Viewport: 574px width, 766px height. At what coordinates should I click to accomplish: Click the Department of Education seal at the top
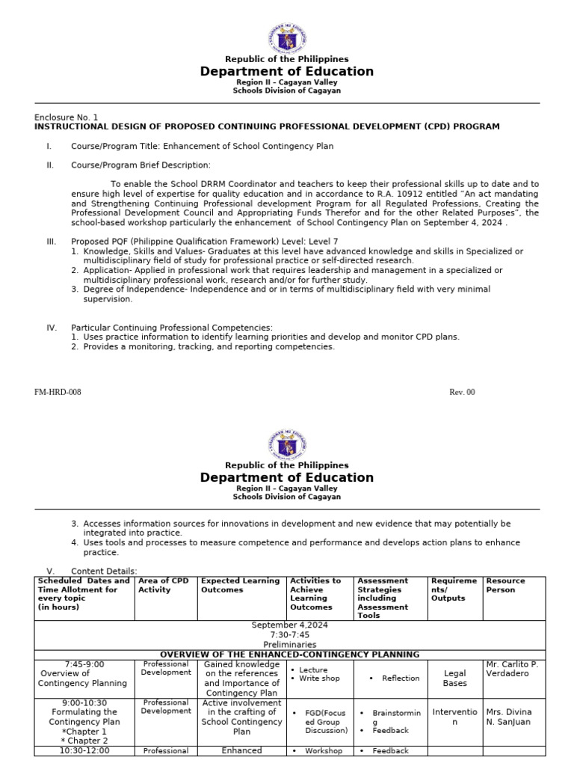[x=286, y=37]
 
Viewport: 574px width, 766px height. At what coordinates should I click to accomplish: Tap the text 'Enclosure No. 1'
[x=66, y=117]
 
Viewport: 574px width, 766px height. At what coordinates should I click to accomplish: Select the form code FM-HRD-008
[x=58, y=392]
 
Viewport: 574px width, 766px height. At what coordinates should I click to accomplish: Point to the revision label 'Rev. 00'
[x=461, y=392]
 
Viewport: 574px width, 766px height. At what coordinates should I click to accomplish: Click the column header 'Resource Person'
[x=505, y=585]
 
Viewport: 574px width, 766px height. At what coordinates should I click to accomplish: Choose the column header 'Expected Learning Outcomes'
[x=240, y=585]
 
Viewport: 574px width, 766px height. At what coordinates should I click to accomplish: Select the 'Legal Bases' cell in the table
[x=454, y=678]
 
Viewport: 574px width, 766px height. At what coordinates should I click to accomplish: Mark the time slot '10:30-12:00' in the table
[x=84, y=750]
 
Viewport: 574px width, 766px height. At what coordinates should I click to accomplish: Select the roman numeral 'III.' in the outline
[x=52, y=242]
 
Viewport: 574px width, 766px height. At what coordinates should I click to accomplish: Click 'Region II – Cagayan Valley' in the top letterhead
[x=286, y=82]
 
